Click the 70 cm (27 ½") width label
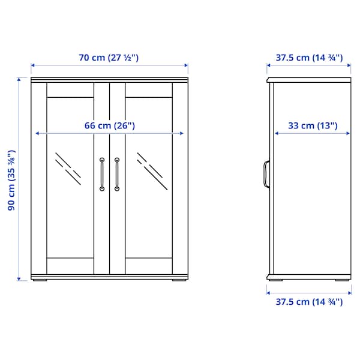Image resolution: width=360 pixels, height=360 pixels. tap(109, 58)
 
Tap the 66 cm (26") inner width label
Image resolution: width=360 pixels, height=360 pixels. tap(109, 125)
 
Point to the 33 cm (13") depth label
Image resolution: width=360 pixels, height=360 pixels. tap(313, 125)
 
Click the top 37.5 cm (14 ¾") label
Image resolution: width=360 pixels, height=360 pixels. tap(309, 58)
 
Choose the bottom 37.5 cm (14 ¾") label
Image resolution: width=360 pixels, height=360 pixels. tap(309, 302)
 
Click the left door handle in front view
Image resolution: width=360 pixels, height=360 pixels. tap(103, 174)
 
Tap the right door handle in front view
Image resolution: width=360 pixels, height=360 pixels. tap(117, 174)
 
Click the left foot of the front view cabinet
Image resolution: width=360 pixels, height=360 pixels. tap(40, 279)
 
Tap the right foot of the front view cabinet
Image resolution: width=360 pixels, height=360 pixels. tap(179, 279)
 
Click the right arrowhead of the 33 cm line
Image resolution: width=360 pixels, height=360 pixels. tap(350, 134)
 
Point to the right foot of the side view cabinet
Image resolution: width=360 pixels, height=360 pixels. tap(341, 279)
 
